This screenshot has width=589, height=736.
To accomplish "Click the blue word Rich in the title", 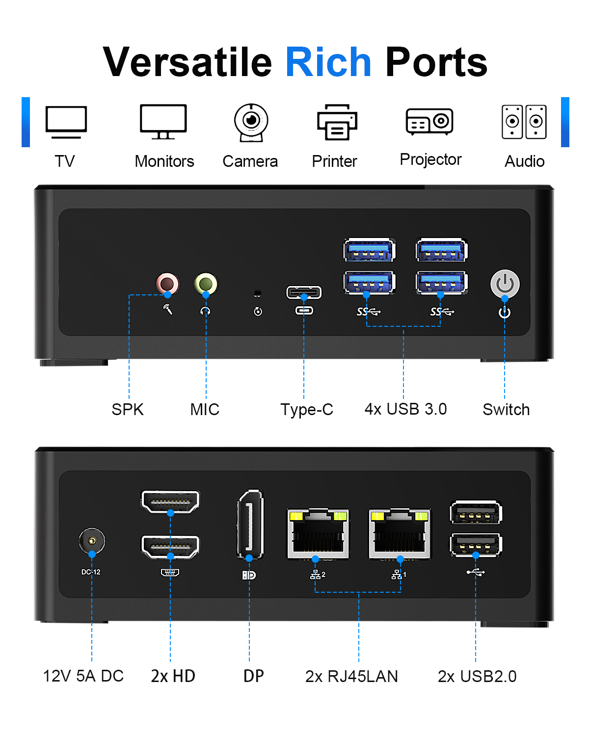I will click(x=328, y=62).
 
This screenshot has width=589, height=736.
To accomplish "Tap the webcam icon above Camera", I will click(x=251, y=122).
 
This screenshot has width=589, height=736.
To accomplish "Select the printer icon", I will click(x=337, y=122).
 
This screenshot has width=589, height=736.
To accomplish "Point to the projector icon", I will click(x=429, y=121).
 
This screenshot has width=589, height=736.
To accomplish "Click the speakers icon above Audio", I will click(x=524, y=122).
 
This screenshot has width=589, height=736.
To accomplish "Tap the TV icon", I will click(x=66, y=122).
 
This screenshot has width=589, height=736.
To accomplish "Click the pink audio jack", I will click(x=167, y=284).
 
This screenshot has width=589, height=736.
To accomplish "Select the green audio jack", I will click(x=206, y=284).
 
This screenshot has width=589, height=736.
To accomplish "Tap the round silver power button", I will click(x=505, y=284).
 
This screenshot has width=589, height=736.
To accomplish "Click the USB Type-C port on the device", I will click(x=304, y=293).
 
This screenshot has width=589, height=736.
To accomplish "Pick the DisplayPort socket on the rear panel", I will click(x=250, y=524).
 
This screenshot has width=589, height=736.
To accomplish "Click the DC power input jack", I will click(x=92, y=541).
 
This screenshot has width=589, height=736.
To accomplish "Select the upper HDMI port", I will click(x=170, y=502).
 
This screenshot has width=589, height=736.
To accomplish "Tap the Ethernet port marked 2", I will click(x=318, y=534).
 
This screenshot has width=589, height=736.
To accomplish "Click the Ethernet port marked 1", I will click(x=400, y=534).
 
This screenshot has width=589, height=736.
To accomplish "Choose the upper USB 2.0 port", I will click(x=476, y=513).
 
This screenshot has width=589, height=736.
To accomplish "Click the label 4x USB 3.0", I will click(x=405, y=409).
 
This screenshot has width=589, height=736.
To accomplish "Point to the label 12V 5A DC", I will click(x=83, y=676).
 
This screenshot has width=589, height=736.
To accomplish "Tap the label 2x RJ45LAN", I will click(x=351, y=676).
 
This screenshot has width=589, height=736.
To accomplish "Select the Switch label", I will click(x=506, y=409).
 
